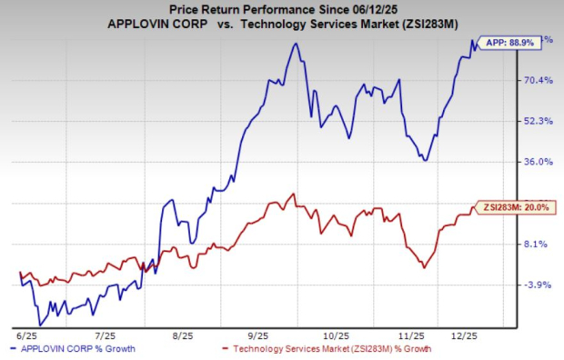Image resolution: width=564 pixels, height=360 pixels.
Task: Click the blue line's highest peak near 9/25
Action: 296,44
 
